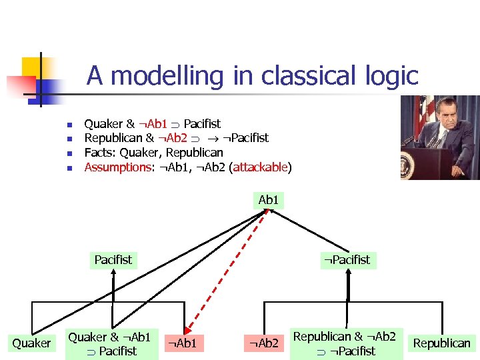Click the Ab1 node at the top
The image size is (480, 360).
[x=268, y=200]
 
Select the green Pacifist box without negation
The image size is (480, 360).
[x=113, y=259]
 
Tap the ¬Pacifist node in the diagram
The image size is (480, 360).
[x=347, y=259]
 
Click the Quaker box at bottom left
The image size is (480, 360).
[x=31, y=343]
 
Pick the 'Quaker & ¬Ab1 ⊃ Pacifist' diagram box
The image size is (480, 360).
[x=112, y=344]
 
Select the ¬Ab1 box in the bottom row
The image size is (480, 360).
[x=183, y=343]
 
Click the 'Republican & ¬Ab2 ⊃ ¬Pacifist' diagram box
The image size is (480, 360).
[x=345, y=344]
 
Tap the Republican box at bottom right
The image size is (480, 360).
[x=441, y=343]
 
